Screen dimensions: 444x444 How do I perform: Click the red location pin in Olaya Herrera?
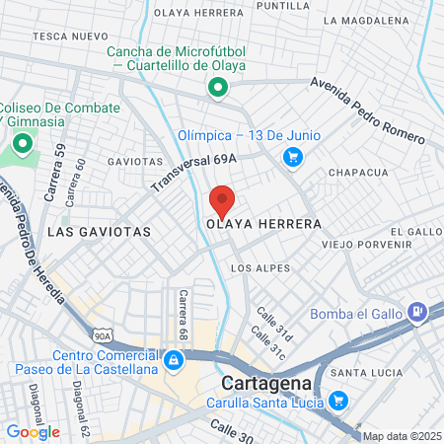coord(222,200)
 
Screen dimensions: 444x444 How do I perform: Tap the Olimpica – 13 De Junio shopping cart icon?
coord(292,156)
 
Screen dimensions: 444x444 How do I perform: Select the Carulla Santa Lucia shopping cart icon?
coord(338,400)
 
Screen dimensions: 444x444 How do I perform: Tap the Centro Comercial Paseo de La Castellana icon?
coord(174,359)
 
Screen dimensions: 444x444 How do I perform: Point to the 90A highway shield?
coord(102,335)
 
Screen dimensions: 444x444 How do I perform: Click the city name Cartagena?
coord(267,382)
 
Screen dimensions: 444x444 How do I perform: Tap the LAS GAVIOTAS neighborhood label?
coord(99,231)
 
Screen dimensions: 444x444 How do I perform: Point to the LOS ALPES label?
coord(260,268)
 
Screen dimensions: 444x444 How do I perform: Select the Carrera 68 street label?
coord(183,312)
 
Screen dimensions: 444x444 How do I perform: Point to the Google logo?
coord(33,431)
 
